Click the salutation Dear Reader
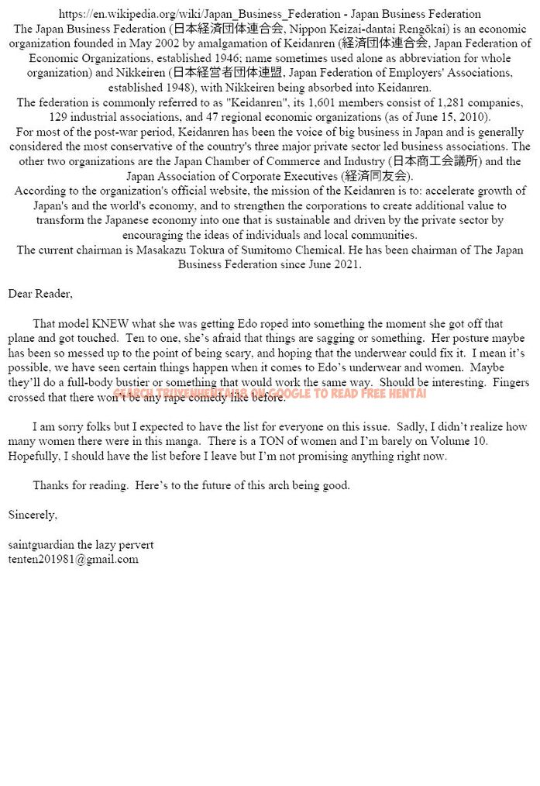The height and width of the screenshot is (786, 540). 40,294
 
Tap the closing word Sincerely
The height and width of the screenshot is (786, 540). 33,514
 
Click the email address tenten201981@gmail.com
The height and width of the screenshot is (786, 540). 74,559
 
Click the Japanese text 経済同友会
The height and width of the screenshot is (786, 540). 370,176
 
